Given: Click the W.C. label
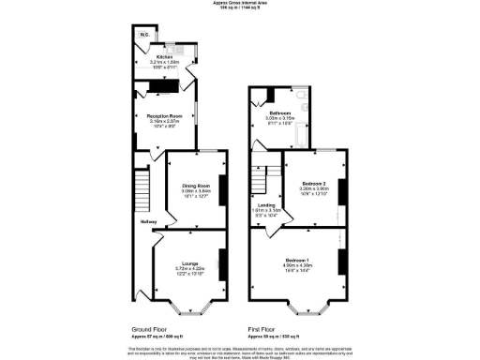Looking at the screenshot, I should [x=144, y=36].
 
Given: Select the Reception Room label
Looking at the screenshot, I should [x=163, y=115].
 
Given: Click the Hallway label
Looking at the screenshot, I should [x=148, y=222].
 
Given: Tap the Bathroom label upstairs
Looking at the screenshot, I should [x=282, y=113].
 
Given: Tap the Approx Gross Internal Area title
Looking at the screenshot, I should [x=239, y=5].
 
